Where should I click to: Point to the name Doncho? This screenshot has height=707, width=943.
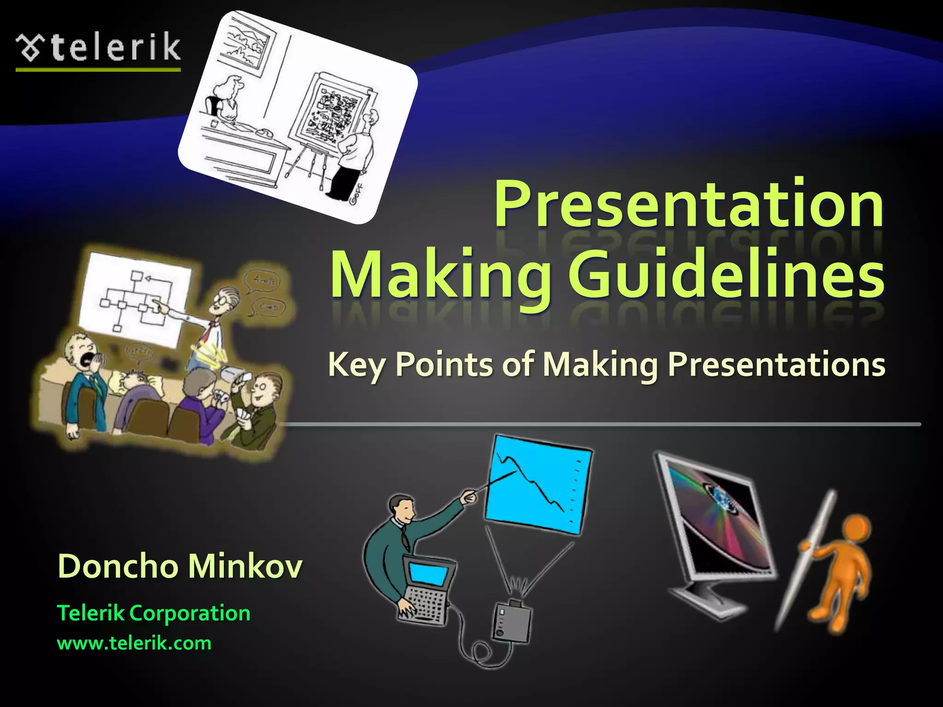coord(117,566)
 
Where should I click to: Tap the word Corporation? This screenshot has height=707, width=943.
coord(190,613)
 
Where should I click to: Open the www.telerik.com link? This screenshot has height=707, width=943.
coord(134,643)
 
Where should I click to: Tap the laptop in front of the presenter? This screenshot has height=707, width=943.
coord(426,589)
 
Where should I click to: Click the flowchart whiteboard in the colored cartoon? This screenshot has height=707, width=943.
coord(134,297)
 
